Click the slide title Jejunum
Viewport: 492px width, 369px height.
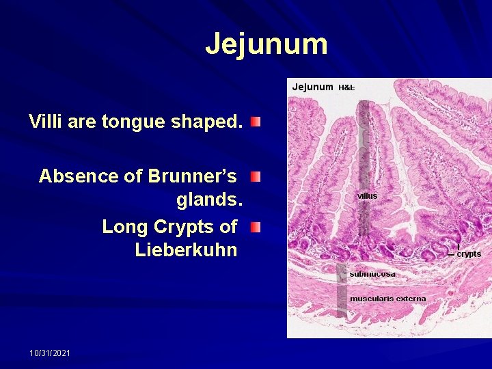[266, 44]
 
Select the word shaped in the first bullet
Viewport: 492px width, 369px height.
[202, 122]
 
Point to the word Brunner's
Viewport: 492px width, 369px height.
[191, 176]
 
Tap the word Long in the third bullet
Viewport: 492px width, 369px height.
[125, 226]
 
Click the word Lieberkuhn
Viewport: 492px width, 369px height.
[186, 250]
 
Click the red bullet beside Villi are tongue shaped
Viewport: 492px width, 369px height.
[255, 122]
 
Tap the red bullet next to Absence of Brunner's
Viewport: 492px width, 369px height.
[255, 177]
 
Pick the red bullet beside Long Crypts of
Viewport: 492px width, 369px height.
[255, 226]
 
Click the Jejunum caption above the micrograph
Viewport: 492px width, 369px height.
[312, 87]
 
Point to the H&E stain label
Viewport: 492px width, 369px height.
[346, 87]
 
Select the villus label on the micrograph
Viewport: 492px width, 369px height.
[367, 195]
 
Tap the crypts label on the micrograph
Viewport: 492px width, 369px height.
[469, 254]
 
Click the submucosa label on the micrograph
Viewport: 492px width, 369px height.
[372, 274]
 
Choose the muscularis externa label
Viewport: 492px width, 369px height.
[387, 299]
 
